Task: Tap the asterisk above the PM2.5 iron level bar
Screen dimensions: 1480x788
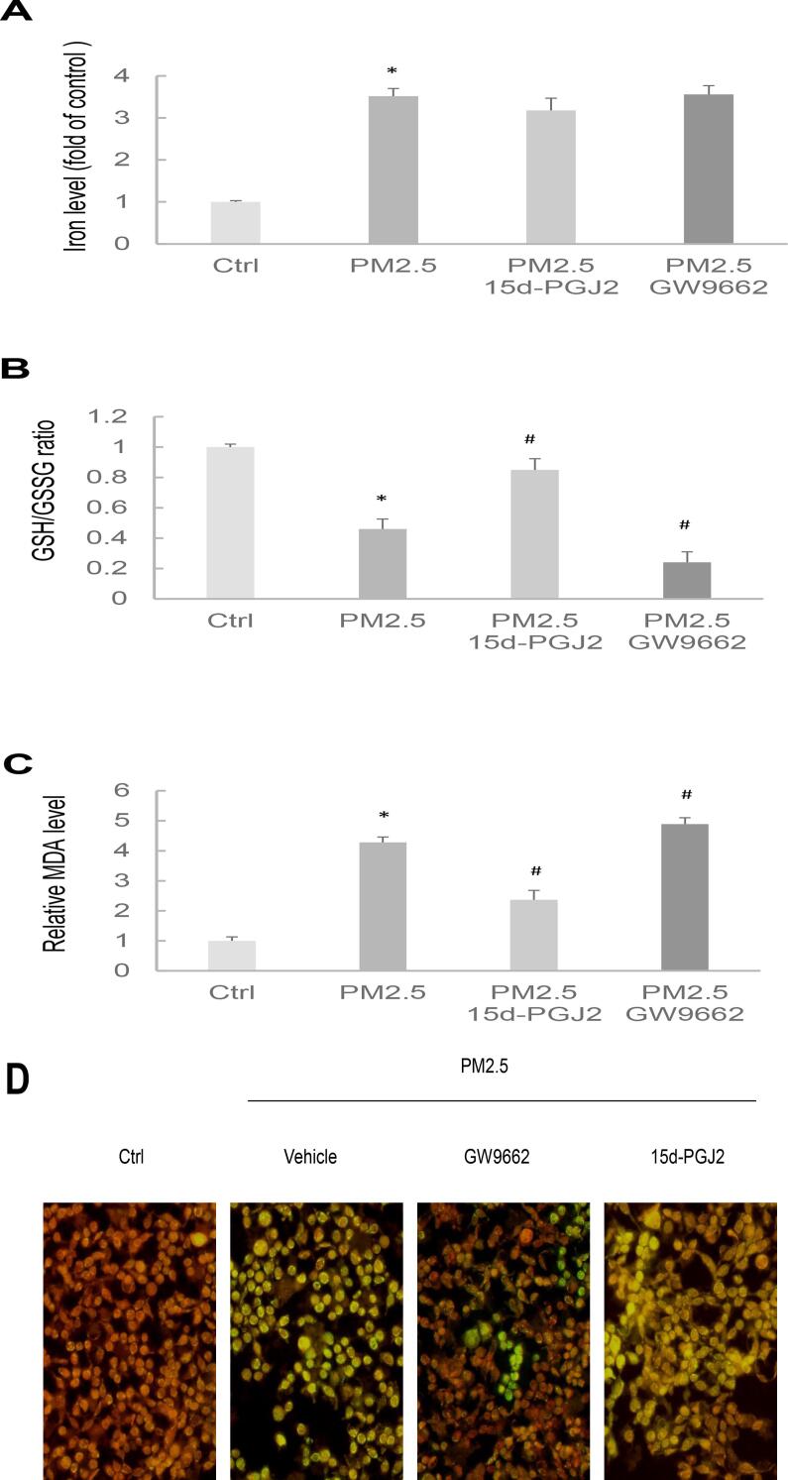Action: [x=394, y=71]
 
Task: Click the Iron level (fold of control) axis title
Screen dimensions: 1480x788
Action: [x=73, y=159]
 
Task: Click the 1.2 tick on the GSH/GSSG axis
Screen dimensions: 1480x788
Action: [x=140, y=417]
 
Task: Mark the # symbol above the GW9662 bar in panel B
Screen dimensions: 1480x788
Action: [x=685, y=524]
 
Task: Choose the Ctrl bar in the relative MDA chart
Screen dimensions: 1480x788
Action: [x=232, y=955]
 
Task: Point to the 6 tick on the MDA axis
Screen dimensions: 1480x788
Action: [x=147, y=790]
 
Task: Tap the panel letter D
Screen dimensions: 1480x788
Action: [x=17, y=1082]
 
